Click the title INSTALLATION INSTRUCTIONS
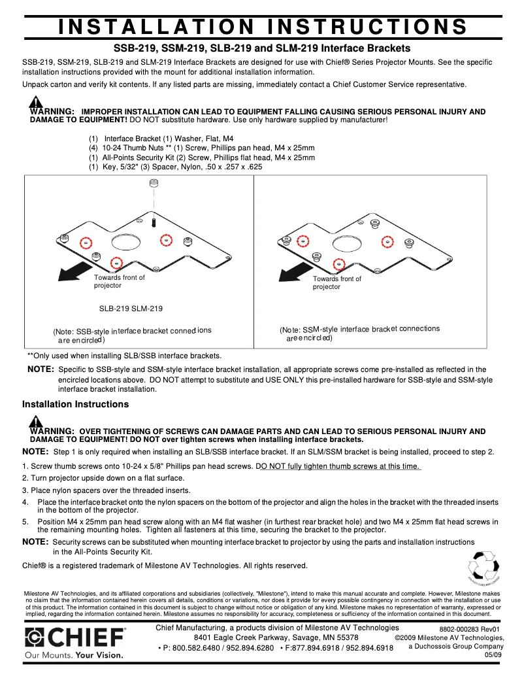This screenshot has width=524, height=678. coord(262,27)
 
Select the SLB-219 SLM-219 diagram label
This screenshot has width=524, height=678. coord(131,309)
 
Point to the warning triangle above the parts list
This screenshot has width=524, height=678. coord(35,102)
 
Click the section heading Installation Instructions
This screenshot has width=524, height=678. coord(75,404)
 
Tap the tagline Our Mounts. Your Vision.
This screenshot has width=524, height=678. coord(74,654)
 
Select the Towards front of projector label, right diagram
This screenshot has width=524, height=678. coord(336,282)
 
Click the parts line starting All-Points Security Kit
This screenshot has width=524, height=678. coord(201,158)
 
